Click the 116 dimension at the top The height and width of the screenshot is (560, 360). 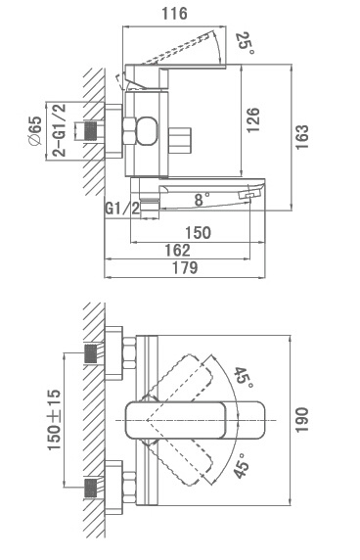(x=174, y=14)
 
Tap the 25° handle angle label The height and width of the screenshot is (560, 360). (x=247, y=43)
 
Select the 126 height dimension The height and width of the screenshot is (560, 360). (x=253, y=120)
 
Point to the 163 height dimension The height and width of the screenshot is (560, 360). (x=301, y=137)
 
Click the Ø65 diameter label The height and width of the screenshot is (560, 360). (x=35, y=131)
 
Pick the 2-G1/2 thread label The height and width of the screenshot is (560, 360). (x=60, y=130)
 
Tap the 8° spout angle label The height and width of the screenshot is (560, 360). (x=202, y=200)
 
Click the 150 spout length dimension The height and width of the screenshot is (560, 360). (x=198, y=233)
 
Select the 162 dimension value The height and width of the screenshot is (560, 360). (x=177, y=251)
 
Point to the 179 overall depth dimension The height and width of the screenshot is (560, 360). (x=185, y=268)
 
